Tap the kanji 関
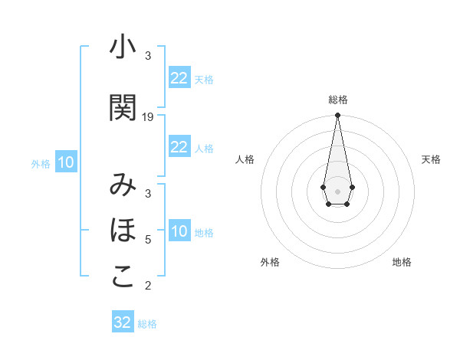[x=123, y=108]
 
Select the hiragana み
[x=123, y=185]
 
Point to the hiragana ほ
[x=123, y=231]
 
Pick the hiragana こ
[x=123, y=277]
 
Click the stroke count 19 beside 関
[x=148, y=116]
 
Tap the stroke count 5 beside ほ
[x=148, y=239]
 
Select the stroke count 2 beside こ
[x=148, y=286]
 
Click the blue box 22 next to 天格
[x=179, y=78]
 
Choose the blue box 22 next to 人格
[x=179, y=147]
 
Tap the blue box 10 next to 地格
[x=179, y=231]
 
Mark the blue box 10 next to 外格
[x=66, y=162]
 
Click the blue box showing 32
[x=123, y=322]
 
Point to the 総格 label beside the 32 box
[x=147, y=324]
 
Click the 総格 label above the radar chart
[x=338, y=100]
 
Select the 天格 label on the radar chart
[x=432, y=159]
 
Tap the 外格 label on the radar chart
[x=270, y=262]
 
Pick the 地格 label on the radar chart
[x=402, y=262]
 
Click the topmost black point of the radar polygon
[x=337, y=115]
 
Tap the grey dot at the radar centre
[x=337, y=190]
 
